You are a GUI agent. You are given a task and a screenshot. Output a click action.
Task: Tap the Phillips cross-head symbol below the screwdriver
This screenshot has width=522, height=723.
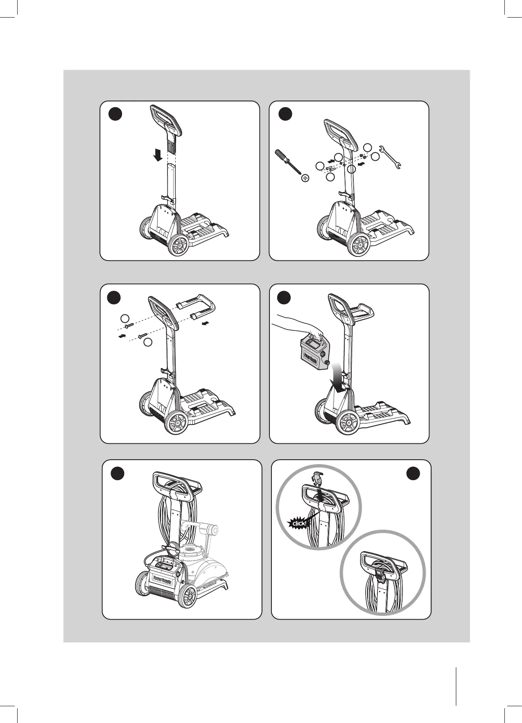coord(305,178)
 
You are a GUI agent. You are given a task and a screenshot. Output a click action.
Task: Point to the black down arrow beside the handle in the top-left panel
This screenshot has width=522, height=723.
coord(156,155)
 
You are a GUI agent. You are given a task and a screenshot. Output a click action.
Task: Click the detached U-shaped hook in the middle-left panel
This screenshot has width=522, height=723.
coord(199,308)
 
